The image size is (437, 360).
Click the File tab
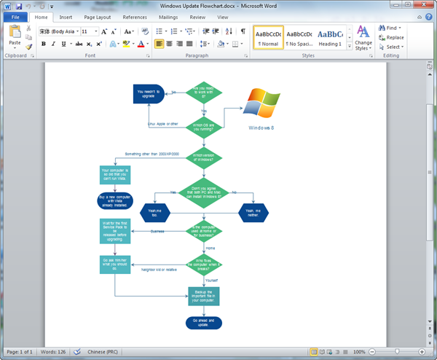(15, 16)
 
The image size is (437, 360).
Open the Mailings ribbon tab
(170, 16)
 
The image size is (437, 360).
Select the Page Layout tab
(98, 16)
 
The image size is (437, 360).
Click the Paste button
(15, 37)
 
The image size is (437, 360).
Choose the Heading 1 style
(331, 37)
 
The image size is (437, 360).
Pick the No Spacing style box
(299, 37)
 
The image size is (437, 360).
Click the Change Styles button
(363, 39)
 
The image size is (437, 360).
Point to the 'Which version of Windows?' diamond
(204, 157)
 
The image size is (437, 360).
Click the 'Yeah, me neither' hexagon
(252, 212)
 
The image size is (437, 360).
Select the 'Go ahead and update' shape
(203, 321)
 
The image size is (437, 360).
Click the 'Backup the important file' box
(203, 295)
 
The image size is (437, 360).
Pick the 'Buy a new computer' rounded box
(114, 200)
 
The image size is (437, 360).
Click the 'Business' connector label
(157, 232)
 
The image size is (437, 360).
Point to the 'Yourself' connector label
(211, 280)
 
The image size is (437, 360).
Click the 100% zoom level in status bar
(359, 352)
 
